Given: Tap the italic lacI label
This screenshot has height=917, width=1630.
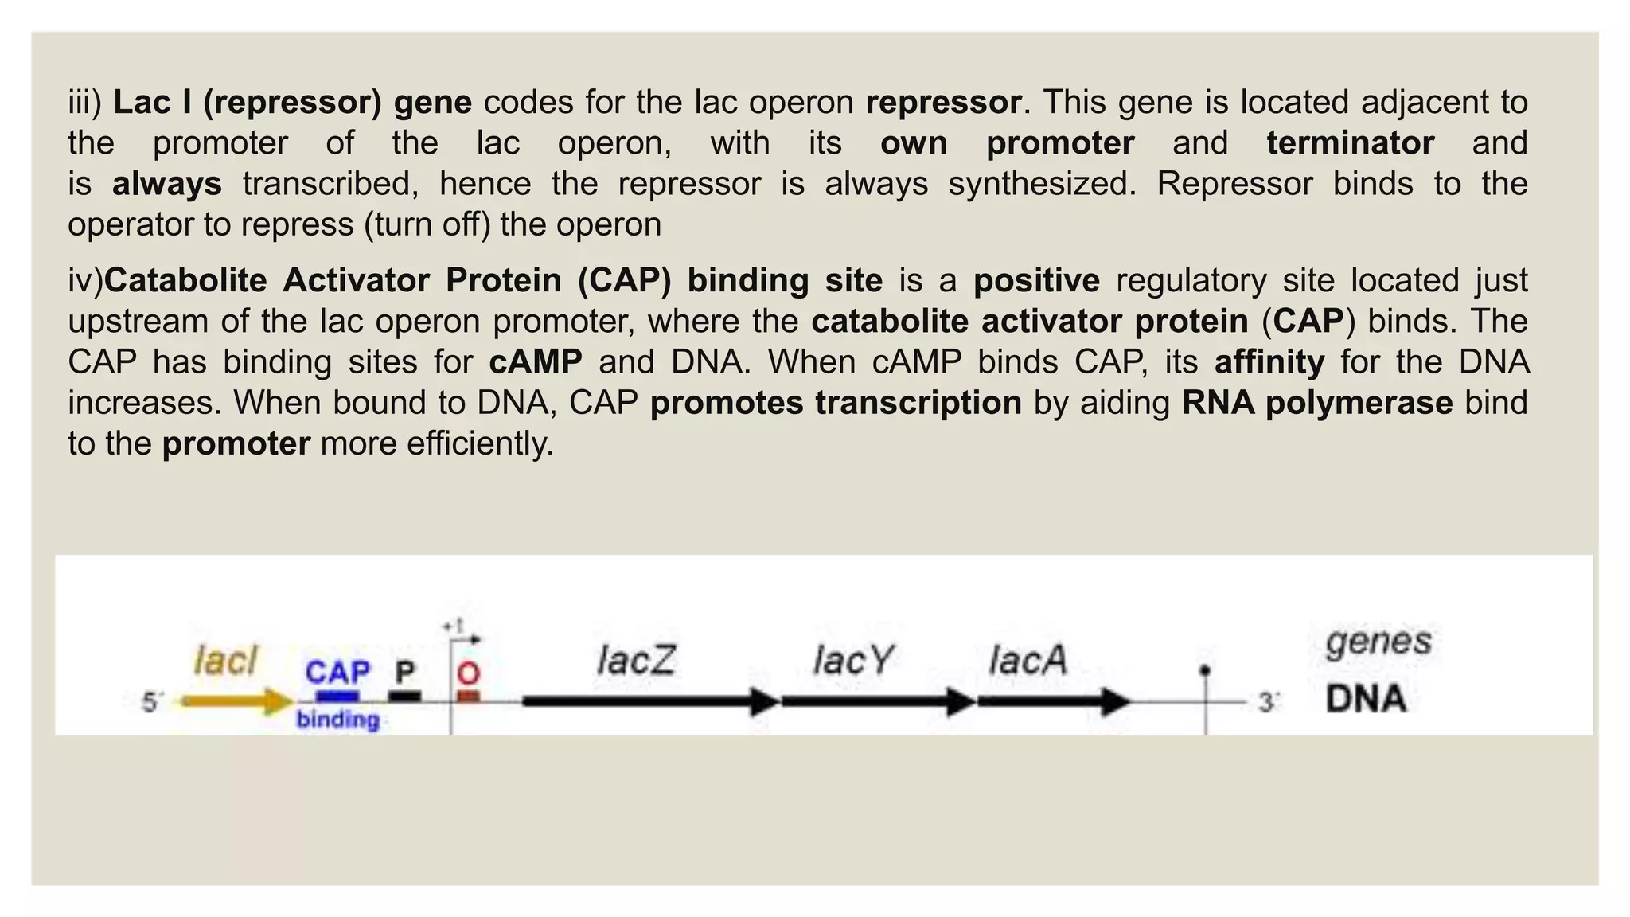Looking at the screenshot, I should click(x=226, y=661).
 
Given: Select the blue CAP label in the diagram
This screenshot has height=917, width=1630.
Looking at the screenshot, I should click(x=337, y=673).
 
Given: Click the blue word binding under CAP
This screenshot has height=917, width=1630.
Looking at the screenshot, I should click(x=337, y=720).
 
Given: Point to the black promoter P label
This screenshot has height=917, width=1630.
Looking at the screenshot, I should click(x=405, y=673).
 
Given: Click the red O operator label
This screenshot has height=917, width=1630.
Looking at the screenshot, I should click(x=469, y=673).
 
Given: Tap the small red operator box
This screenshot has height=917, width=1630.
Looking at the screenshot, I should click(x=469, y=697).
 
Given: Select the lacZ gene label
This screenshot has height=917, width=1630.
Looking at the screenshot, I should click(x=636, y=660).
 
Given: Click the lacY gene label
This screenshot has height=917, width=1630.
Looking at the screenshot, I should click(x=852, y=660).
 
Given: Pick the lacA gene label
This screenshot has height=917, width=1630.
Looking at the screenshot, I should click(x=1027, y=660).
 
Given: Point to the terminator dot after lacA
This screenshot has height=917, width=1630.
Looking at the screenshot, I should click(x=1205, y=671).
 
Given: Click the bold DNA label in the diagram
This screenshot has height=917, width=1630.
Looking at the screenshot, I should click(x=1366, y=699).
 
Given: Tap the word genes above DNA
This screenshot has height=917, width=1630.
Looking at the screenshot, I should click(x=1378, y=642).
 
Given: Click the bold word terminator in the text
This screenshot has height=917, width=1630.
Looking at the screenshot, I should click(x=1350, y=143).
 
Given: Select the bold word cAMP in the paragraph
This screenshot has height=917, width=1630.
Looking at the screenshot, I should click(x=535, y=362).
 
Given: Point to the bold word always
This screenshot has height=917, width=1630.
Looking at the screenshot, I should click(x=166, y=184).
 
